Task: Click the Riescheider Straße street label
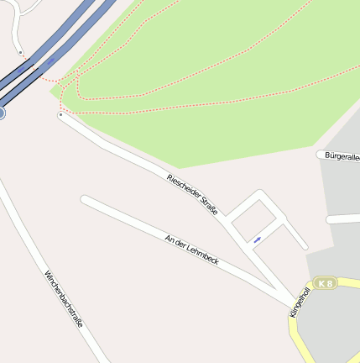(193, 193)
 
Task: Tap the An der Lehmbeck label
(192, 251)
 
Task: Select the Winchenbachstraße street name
(64, 299)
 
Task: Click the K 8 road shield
(326, 283)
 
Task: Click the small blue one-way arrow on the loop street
(257, 240)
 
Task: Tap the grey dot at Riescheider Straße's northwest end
(60, 115)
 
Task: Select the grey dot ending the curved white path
(21, 53)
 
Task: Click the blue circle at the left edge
(1, 112)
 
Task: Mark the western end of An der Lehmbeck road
(84, 199)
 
